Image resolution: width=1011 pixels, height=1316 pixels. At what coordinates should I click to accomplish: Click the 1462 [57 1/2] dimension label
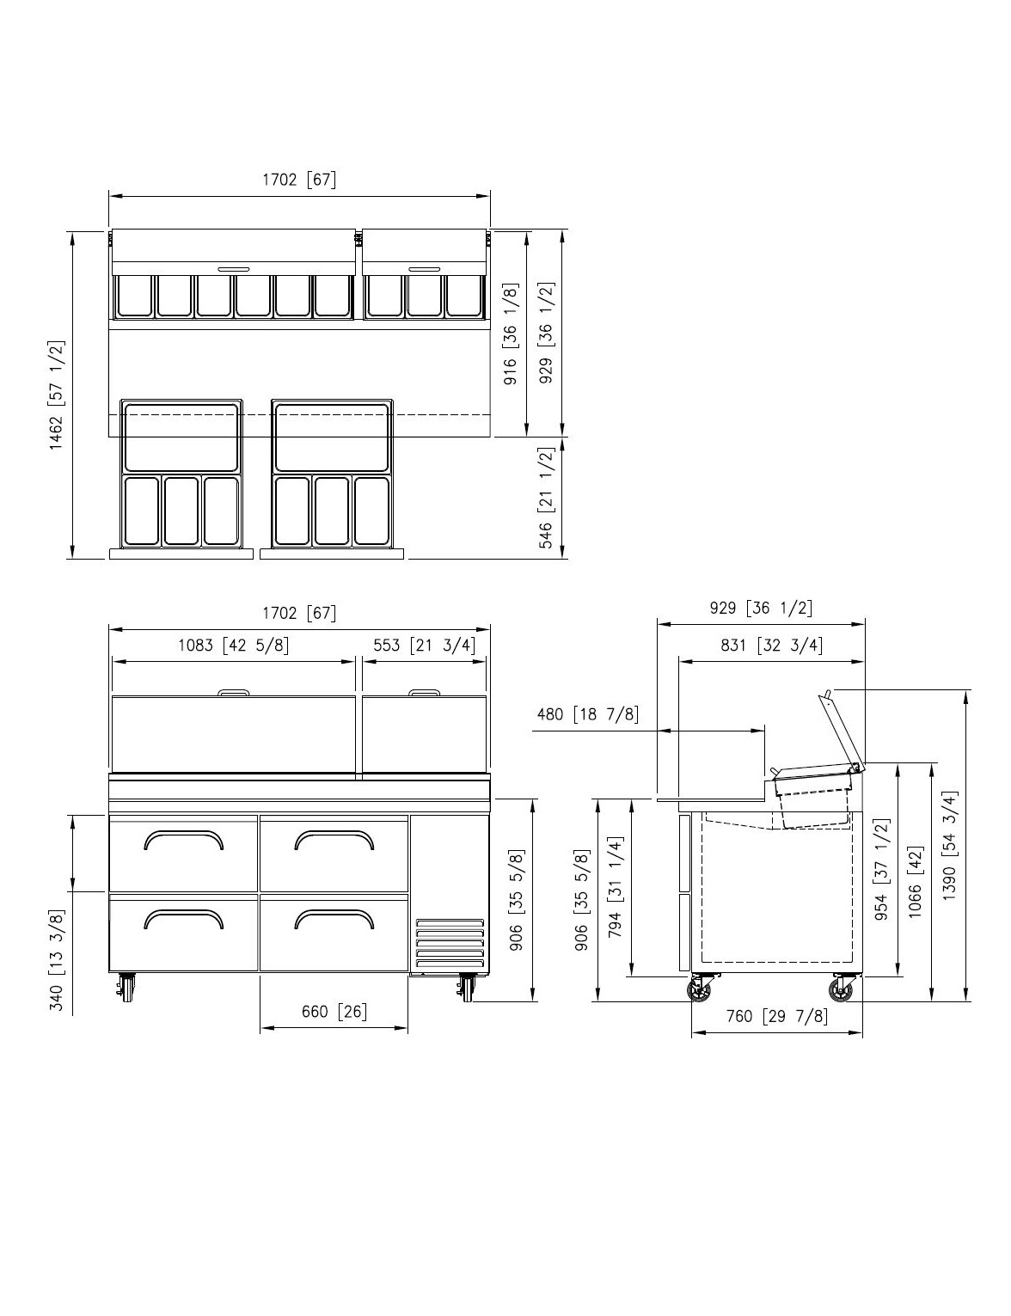coord(56,395)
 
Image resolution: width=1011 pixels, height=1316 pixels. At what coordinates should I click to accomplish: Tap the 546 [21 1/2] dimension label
coord(546,499)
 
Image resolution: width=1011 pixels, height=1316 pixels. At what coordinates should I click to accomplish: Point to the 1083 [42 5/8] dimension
coord(233,646)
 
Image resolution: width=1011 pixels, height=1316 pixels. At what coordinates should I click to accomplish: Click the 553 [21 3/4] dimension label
coord(424,646)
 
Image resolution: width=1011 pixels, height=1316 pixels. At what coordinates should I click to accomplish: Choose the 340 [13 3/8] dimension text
coord(56,960)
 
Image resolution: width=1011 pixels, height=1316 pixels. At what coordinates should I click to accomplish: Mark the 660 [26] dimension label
coord(334,1012)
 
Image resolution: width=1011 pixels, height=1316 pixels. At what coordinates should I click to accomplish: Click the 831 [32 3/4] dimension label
coord(772,646)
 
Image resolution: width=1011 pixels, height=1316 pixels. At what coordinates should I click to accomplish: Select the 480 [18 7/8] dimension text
coord(587,714)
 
